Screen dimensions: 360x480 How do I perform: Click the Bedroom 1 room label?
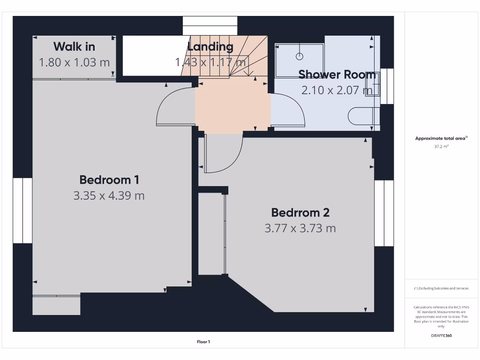109,180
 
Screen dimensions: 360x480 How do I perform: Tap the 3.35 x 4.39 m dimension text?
109,195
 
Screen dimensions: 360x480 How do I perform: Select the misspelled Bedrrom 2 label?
300,212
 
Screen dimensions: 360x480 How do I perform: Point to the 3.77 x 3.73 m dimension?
300,228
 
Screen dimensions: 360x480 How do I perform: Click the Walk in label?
74,46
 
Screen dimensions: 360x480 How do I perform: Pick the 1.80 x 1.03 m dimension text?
74,62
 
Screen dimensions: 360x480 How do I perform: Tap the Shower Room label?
337,74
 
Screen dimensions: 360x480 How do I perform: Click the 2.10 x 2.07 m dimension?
337,90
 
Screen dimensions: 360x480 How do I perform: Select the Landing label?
210,46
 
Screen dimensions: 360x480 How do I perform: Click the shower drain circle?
300,57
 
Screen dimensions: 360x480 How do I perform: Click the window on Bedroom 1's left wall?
22,210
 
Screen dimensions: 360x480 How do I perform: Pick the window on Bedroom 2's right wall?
384,213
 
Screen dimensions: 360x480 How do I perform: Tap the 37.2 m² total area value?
441,147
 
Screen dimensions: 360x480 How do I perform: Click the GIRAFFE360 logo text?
441,336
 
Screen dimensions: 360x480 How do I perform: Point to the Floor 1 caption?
203,342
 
